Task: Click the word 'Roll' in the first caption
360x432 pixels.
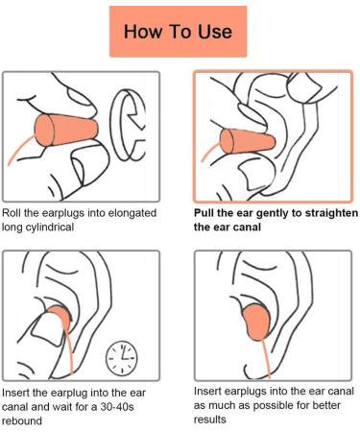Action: point(13,213)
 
